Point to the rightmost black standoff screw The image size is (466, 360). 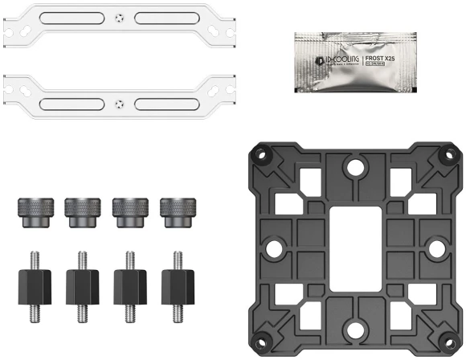coord(178,282)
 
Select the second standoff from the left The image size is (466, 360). coord(81,282)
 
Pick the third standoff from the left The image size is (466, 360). coord(129,282)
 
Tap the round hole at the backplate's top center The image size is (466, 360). coord(353,167)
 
